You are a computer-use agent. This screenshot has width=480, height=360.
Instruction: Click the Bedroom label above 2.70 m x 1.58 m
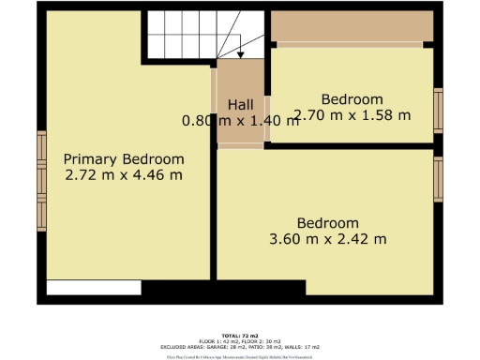pos(352,99)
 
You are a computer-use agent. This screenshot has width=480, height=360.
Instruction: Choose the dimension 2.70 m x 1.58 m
pos(352,115)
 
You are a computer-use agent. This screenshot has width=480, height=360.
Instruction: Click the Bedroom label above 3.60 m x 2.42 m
pos(328,223)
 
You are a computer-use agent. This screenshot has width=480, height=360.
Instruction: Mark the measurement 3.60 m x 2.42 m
pos(328,239)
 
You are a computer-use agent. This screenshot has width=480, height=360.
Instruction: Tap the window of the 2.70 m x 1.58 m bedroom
pos(438,110)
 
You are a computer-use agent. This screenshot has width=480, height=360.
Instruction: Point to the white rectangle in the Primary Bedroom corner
pos(94,287)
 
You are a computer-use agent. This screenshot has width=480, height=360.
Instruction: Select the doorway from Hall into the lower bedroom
pos(243,145)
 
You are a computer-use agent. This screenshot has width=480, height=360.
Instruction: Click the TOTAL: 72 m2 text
pos(240,335)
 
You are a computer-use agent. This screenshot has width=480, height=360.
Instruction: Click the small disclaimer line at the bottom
pos(240,356)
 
